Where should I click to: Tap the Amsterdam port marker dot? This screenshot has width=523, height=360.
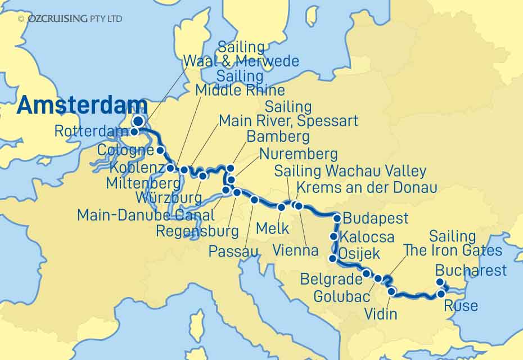138,121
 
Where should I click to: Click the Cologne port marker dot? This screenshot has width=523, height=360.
160,150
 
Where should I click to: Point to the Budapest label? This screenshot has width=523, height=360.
376,218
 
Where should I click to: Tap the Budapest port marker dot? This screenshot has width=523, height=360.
337,218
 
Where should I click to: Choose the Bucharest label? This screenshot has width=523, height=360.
471,271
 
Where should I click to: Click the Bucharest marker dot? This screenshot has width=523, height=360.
440,283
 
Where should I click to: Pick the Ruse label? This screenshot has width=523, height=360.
461,306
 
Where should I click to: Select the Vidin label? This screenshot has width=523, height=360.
381,314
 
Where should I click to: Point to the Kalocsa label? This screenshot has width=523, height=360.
368,237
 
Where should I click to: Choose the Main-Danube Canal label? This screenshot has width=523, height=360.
146,215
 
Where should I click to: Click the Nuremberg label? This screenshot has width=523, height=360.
298,154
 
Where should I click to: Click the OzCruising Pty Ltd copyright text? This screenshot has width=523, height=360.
70,19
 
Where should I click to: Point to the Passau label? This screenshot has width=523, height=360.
233,251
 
